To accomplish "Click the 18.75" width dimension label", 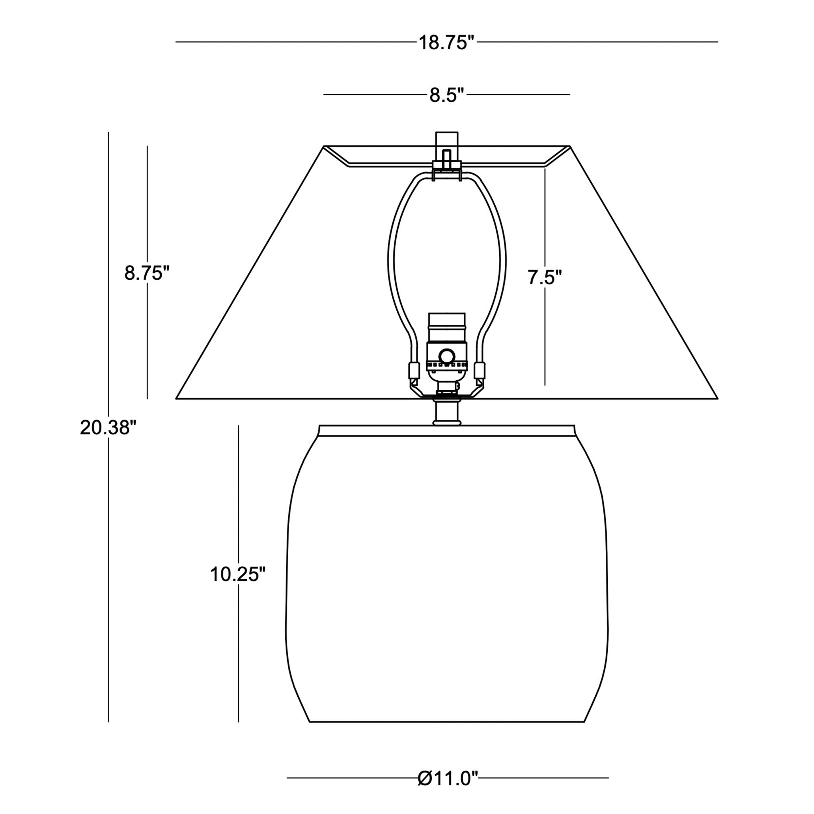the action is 447,43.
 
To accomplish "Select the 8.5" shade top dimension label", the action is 447,95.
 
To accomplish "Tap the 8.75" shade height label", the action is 147,273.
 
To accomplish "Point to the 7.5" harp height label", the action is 545,278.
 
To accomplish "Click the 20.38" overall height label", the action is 108,428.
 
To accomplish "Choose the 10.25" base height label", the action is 238,574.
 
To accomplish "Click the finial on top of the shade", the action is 447,146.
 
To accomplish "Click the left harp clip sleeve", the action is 413,370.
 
